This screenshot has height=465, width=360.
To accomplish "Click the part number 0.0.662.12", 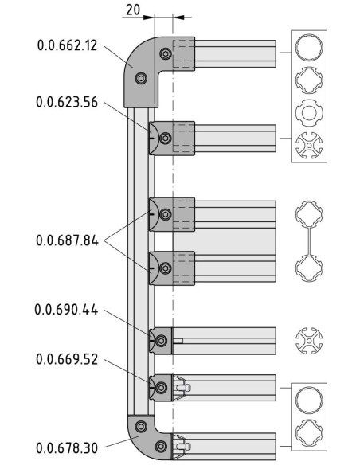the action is (68, 45).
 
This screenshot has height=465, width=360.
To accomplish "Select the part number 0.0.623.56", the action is (67, 102).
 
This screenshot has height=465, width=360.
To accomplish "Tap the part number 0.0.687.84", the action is (67, 240).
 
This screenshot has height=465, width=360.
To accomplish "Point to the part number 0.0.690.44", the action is (66, 310).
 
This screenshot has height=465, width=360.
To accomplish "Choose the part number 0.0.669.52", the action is (67, 359).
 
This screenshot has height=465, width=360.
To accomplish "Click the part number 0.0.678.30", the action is (67, 447).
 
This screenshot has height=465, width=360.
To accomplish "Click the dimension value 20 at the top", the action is (133, 10).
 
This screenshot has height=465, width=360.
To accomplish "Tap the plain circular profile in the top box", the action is (309, 48).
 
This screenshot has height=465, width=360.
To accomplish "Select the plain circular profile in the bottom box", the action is (309, 400).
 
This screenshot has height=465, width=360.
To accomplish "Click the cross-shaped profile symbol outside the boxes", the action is (309, 341).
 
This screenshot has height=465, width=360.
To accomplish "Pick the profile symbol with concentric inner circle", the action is (309, 113).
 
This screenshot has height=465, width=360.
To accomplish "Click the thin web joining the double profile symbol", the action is (309, 241).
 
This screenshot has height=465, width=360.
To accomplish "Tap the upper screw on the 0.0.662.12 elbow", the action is (166, 53).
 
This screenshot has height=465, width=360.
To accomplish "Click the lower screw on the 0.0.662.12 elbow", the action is (141, 78).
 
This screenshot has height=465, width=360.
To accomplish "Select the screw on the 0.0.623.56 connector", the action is (166, 139).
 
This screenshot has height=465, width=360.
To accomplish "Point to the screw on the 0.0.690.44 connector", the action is (161, 341).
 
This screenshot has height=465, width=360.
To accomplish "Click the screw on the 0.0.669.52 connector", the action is (161, 388).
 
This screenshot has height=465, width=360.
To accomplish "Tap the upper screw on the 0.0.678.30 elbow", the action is (141, 427).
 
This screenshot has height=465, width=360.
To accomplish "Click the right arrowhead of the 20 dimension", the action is (178, 18).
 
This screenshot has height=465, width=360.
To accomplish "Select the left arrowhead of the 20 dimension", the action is (149, 18).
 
